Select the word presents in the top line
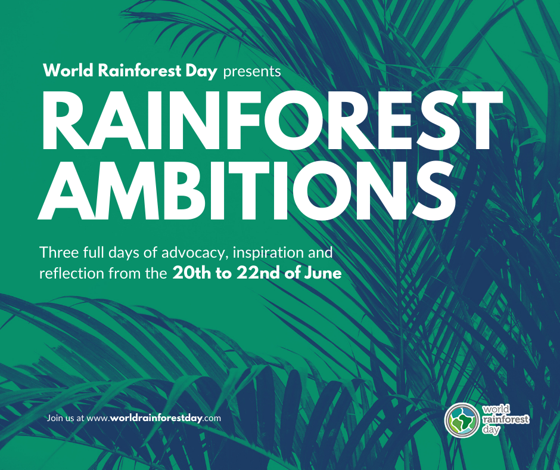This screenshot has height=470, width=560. tap(251, 72)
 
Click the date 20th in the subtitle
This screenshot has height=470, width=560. tap(188, 274)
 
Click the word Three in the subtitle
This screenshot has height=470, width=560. tap(57, 252)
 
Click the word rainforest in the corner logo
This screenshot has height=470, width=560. tap(505, 419)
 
